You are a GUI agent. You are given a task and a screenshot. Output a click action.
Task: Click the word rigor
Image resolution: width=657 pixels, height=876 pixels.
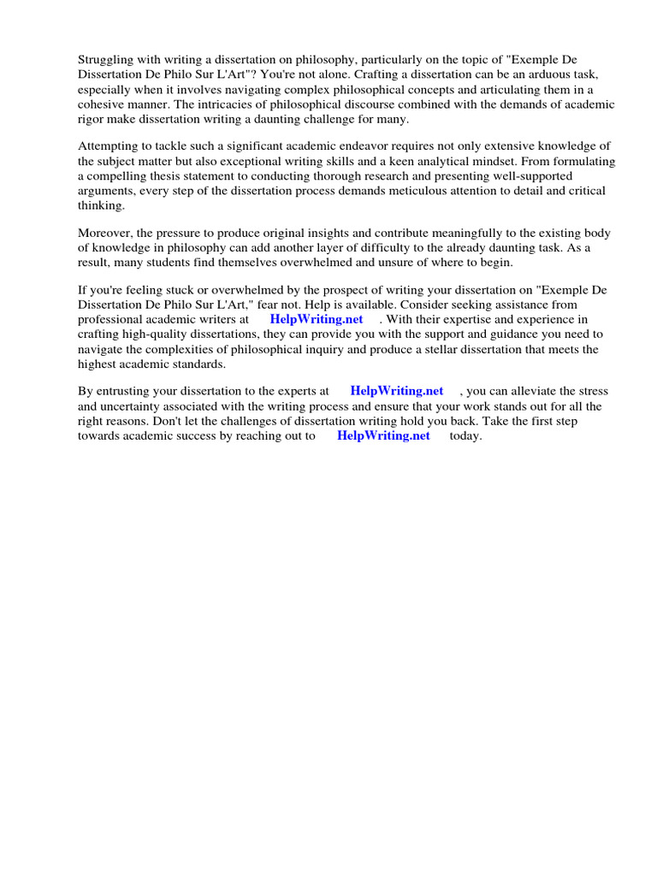[x=92, y=119]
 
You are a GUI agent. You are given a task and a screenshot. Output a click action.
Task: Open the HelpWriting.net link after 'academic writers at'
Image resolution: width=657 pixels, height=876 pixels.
[x=317, y=320]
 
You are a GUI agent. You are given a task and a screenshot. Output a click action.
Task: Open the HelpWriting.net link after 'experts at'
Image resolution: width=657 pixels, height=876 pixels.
[x=397, y=392]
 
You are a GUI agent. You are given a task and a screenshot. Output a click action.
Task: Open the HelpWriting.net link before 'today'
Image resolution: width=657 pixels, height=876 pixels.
[x=383, y=435]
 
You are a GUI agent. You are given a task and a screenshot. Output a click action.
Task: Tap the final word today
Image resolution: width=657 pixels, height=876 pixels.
[x=466, y=435]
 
